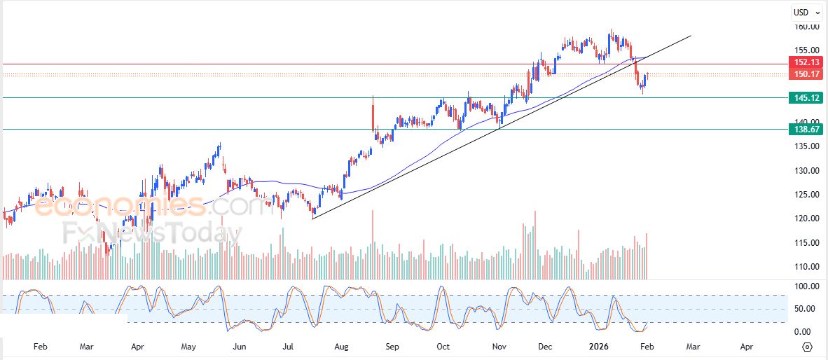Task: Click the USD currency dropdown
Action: [x=806, y=12]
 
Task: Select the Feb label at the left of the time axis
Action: [x=40, y=347]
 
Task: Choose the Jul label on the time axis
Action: [x=289, y=347]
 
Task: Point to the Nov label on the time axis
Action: [x=498, y=347]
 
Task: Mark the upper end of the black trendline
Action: [x=691, y=35]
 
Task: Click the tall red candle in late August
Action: [x=373, y=113]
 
